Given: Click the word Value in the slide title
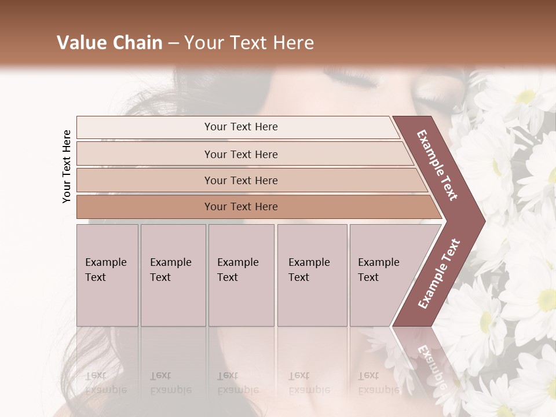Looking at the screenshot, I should click(79, 43).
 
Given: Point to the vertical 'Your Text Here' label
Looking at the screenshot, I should click(67, 167).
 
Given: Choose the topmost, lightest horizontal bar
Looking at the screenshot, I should click(237, 127).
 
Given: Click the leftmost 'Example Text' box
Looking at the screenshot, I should click(107, 275).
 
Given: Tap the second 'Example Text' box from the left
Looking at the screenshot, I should click(173, 275).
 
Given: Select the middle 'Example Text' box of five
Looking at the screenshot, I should click(241, 275).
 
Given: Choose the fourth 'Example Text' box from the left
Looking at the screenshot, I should click(312, 275).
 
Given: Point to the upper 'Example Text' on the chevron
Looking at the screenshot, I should click(437, 165).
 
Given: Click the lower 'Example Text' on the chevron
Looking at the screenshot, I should click(439, 273).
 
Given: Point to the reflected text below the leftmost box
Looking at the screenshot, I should click(106, 382).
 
